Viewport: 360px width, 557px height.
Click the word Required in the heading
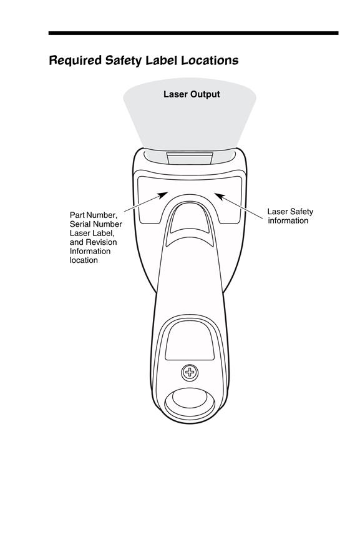pos(75,61)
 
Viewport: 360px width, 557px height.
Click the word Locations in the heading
pos(210,60)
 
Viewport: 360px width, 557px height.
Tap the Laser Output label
pos(192,94)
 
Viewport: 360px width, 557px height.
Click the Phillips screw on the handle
pos(190,372)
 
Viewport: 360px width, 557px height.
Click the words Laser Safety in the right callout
pos(290,212)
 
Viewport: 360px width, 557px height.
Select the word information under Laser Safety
pos(288,220)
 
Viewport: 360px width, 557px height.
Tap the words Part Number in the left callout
pos(93,215)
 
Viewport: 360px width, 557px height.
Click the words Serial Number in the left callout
pos(96,224)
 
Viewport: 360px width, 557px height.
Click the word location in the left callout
pos(84,260)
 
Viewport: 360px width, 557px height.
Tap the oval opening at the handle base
pos(190,404)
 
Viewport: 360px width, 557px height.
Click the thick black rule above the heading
pos(193,33)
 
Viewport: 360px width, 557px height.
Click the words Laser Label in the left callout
pos(92,233)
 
